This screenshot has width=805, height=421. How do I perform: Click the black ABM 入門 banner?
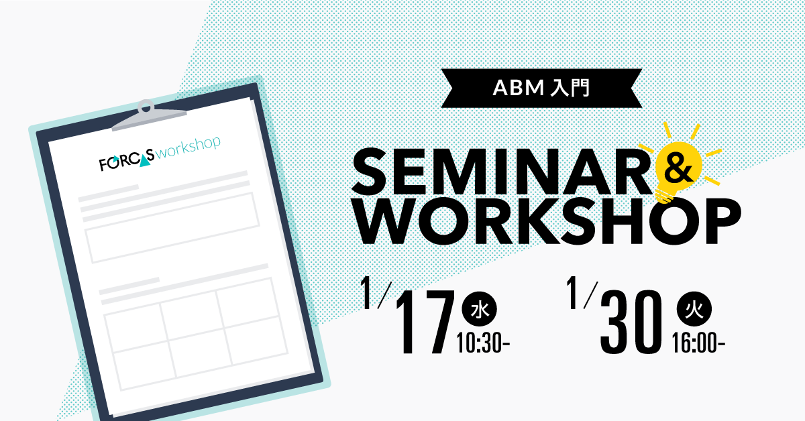(541, 88)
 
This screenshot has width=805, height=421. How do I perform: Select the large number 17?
(425, 321)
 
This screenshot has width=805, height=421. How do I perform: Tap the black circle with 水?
(480, 310)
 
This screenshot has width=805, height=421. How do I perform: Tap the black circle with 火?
(694, 309)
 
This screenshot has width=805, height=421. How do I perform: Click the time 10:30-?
(483, 343)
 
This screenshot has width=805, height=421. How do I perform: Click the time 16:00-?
(698, 343)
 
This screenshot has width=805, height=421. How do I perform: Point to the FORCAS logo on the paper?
(127, 160)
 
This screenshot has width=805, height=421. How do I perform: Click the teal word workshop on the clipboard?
(188, 147)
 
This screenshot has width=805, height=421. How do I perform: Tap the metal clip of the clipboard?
(148, 116)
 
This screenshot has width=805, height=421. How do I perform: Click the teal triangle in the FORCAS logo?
(145, 162)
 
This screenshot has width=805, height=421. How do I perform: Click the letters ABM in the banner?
(518, 88)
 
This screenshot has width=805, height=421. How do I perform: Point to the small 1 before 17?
(366, 292)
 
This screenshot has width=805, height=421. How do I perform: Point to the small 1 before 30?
(573, 292)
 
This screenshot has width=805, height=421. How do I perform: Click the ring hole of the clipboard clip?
(146, 107)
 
